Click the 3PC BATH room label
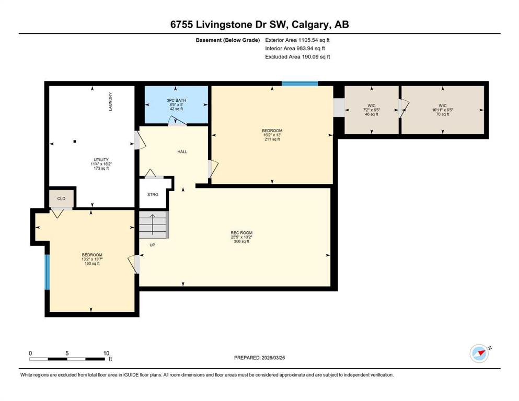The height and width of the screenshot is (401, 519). [x=176, y=100]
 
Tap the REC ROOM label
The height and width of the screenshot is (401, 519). [x=241, y=233]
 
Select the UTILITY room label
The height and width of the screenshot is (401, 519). [x=101, y=160]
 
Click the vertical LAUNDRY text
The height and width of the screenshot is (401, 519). [x=110, y=101]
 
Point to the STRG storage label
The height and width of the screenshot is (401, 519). [x=153, y=194]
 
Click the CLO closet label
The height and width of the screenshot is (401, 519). [x=61, y=198]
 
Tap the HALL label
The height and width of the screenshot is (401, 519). [x=182, y=152]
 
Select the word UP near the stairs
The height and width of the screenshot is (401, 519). [x=152, y=245]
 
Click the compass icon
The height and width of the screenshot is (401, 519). [x=479, y=353]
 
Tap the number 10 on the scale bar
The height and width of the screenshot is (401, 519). [x=106, y=353]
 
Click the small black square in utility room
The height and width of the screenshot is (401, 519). [x=75, y=141]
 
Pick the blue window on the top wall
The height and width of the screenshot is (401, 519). [x=300, y=84]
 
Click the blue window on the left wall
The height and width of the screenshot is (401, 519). [x=47, y=272]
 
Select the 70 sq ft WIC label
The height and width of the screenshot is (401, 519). [x=443, y=110]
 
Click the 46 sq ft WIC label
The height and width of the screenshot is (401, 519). [x=372, y=110]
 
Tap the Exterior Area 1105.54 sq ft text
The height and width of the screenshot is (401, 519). [x=297, y=40]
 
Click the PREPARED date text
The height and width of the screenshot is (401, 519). [x=259, y=358]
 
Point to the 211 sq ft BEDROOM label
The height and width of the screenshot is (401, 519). [x=272, y=135]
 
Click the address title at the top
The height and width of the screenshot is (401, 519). [x=259, y=25]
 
